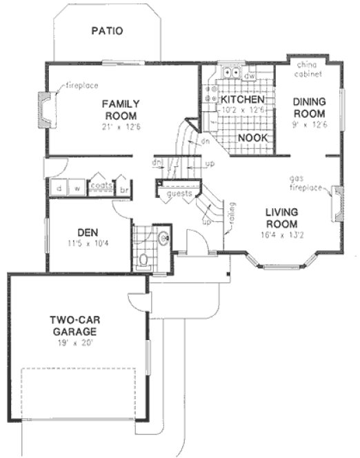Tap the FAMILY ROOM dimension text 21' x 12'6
(120, 126)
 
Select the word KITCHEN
(241, 99)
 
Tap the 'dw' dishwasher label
(250, 74)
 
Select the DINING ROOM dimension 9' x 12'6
(309, 124)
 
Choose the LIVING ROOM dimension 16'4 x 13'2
(281, 235)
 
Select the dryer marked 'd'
(59, 188)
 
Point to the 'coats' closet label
(101, 185)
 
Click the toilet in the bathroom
(144, 261)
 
